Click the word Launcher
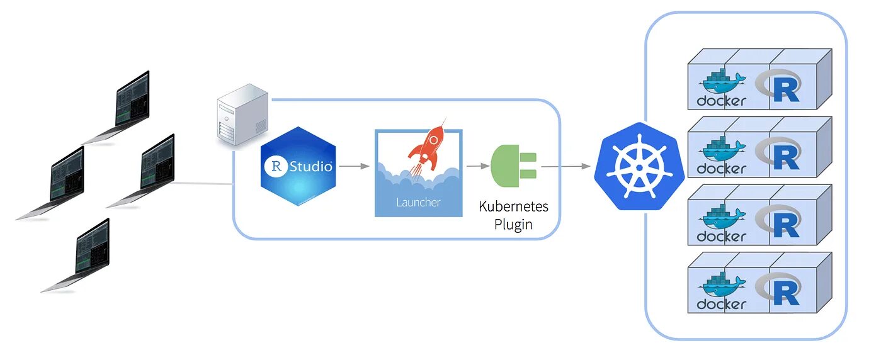[x=418, y=202]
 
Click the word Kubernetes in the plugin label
[x=513, y=206]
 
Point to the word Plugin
[x=513, y=225]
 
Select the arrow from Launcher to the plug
[x=477, y=166]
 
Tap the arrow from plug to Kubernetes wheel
[x=565, y=167]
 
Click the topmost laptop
[x=125, y=104]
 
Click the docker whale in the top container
[x=722, y=81]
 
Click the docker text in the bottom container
[x=721, y=305]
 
